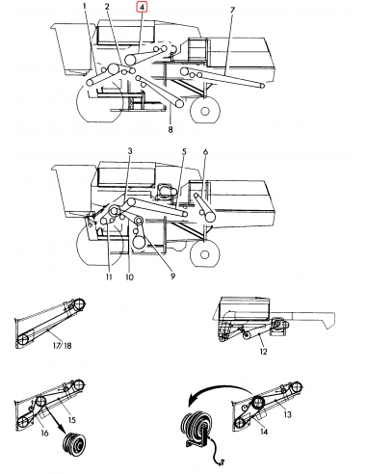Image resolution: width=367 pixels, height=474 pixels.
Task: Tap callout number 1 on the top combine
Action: tap(84, 8)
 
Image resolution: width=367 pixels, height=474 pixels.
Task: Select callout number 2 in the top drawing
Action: tap(107, 8)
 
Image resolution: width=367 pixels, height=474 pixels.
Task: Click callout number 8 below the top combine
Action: tap(170, 128)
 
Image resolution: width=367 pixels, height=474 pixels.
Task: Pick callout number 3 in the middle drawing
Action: tap(130, 152)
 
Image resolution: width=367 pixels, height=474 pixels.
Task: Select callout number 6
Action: tap(205, 152)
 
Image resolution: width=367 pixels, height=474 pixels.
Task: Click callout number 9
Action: tap(172, 276)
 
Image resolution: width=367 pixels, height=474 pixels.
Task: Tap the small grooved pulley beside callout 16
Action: tap(73, 449)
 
